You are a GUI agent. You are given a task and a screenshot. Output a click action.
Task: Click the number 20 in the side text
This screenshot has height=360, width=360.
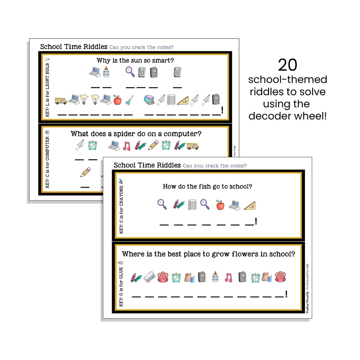[287, 65]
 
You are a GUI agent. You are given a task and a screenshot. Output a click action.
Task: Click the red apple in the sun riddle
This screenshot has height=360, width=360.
[117, 100]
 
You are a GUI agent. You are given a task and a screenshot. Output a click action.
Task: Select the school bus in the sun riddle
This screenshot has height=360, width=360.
[61, 101]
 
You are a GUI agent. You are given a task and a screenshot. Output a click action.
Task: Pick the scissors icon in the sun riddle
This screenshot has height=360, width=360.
[129, 100]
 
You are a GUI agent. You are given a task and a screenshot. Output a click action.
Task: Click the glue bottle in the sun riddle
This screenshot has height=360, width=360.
[106, 72]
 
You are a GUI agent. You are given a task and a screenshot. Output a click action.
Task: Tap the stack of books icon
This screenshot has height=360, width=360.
[149, 100]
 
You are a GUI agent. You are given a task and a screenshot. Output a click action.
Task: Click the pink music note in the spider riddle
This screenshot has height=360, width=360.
[127, 146]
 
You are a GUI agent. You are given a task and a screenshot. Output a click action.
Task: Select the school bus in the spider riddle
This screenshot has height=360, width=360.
[193, 146]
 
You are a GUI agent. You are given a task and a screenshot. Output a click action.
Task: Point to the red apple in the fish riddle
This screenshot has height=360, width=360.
[220, 205]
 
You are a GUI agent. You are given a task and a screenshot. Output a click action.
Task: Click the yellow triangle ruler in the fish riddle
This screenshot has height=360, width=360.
[249, 206]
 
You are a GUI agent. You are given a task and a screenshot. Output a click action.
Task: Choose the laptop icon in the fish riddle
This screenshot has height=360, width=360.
[234, 205]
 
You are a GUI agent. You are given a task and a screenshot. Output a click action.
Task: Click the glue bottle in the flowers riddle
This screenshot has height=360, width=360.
[215, 277]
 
